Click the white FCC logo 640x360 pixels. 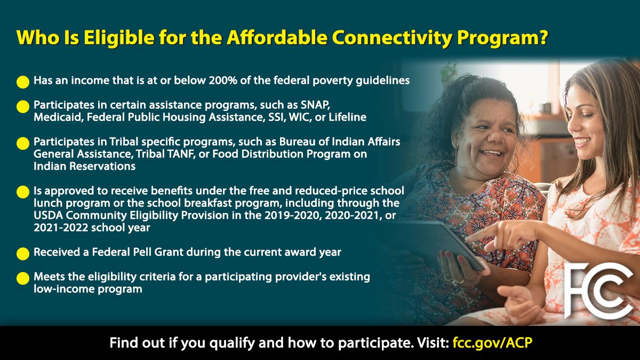click(598, 290)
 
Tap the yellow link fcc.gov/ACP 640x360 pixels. click(492, 342)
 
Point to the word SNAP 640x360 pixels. click(315, 105)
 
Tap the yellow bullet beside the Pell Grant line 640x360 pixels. click(23, 254)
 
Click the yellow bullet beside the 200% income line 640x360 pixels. click(23, 82)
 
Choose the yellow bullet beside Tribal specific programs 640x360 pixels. click(23, 143)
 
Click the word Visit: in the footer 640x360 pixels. click(433, 342)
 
